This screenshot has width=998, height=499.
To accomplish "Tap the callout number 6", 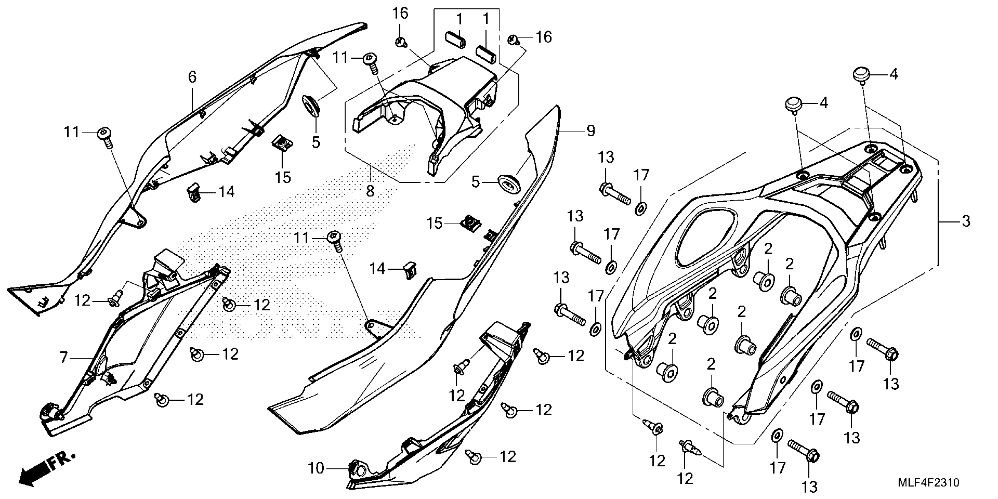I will point(192,77).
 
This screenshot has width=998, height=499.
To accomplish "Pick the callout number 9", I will point(590,131).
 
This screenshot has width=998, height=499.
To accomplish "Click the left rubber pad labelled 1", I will point(455,39).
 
